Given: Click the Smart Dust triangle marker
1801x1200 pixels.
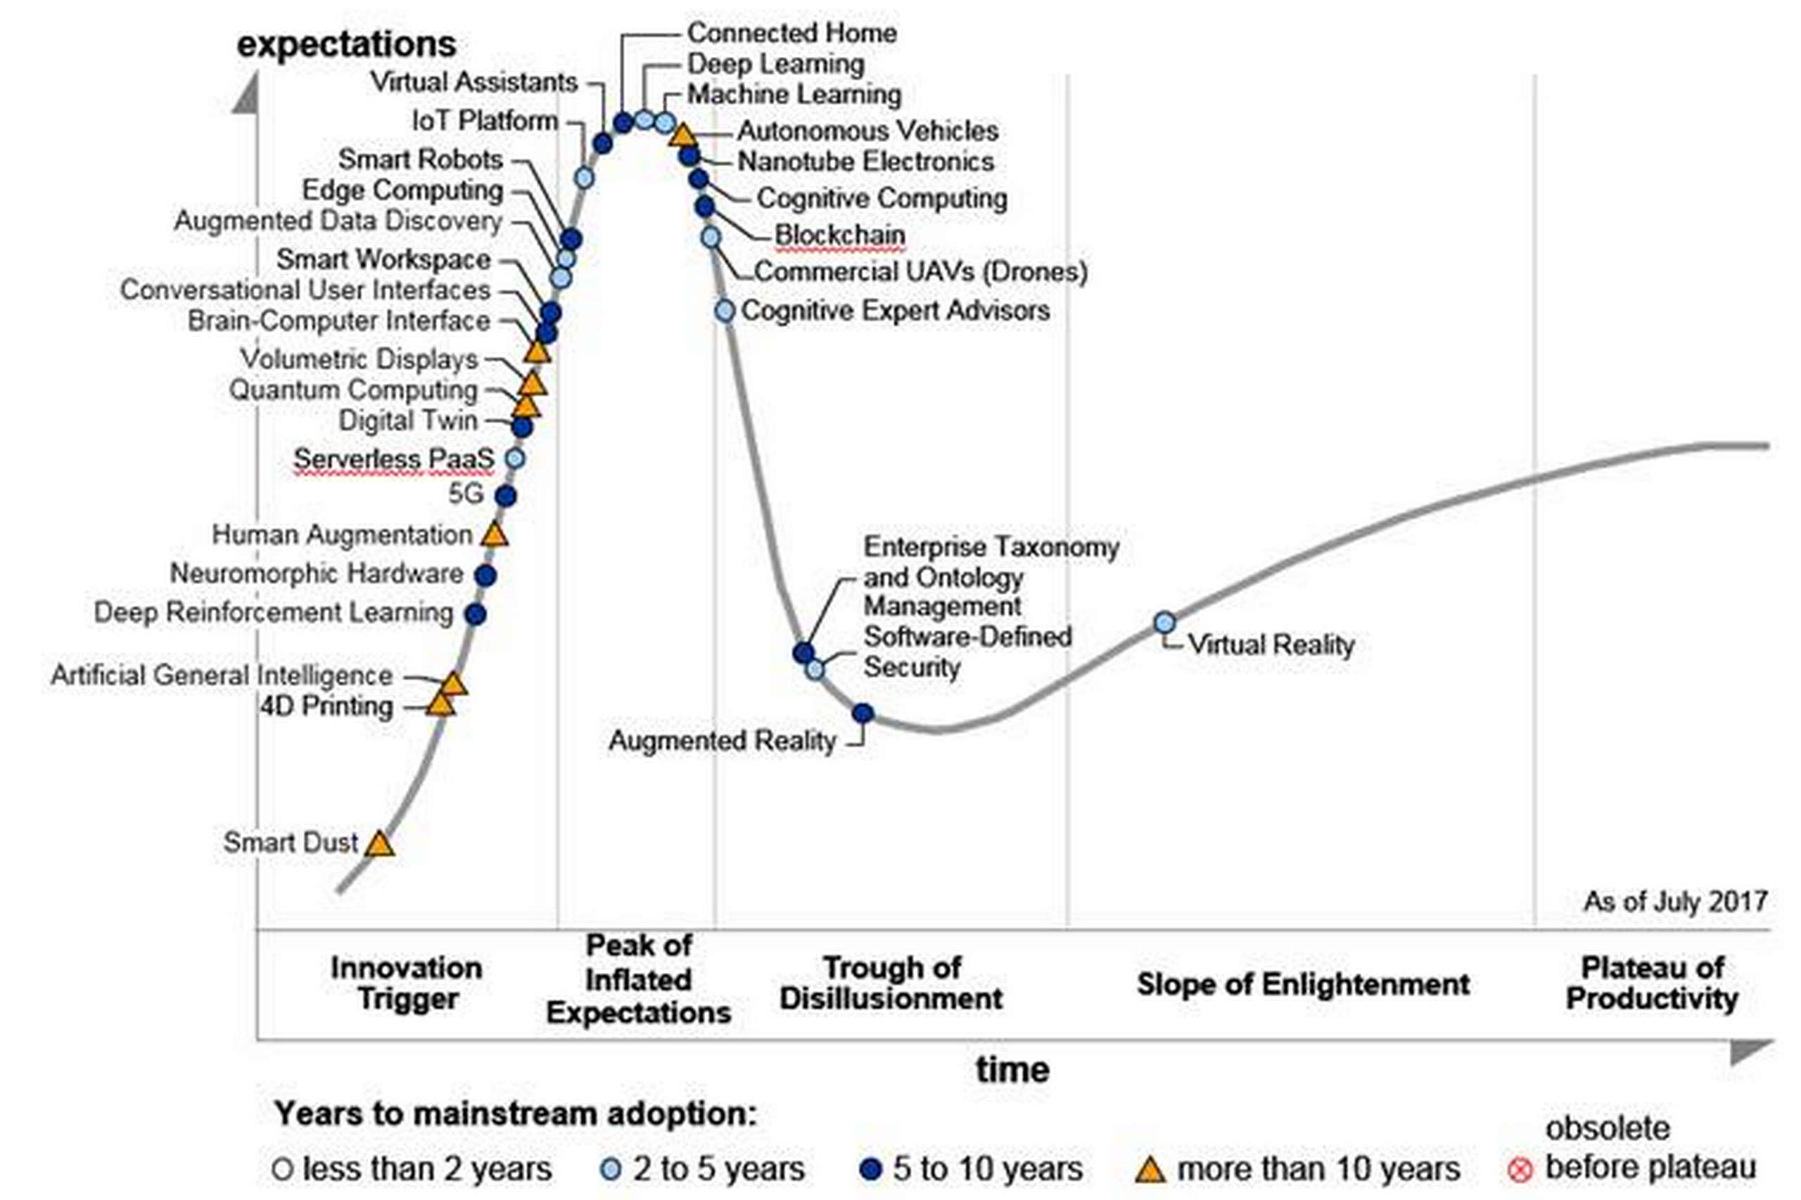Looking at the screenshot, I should [x=379, y=844].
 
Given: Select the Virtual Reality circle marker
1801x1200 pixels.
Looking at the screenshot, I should [x=1164, y=622].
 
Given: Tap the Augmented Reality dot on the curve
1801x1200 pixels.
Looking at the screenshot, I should [x=863, y=714].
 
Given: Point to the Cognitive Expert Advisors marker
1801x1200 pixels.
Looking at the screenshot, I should [x=725, y=311].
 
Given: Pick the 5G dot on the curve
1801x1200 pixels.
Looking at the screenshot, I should [x=505, y=496].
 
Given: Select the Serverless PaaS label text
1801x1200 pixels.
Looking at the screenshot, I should [x=393, y=458].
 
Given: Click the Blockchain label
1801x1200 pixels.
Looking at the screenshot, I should [x=839, y=234].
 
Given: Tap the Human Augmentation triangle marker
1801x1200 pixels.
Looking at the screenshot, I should [x=495, y=534].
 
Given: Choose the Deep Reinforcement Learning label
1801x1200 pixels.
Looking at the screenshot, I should [x=274, y=612].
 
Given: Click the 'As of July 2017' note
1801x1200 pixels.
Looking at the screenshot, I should [x=1674, y=901].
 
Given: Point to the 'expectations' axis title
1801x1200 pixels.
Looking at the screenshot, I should [x=346, y=44].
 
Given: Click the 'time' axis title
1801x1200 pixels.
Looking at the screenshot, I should [x=1012, y=1069].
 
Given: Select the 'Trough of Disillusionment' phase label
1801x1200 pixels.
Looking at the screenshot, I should [x=891, y=983].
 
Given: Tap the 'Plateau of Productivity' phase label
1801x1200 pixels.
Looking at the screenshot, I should [x=1652, y=983].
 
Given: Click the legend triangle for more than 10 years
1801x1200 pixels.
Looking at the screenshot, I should [x=1149, y=1169].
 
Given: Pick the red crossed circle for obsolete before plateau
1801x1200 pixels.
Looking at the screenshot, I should [x=1520, y=1169].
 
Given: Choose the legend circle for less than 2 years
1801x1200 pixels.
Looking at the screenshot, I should [x=283, y=1169].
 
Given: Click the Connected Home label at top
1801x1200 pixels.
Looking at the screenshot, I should [x=791, y=33].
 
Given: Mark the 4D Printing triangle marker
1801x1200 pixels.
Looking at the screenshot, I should [x=440, y=704].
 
